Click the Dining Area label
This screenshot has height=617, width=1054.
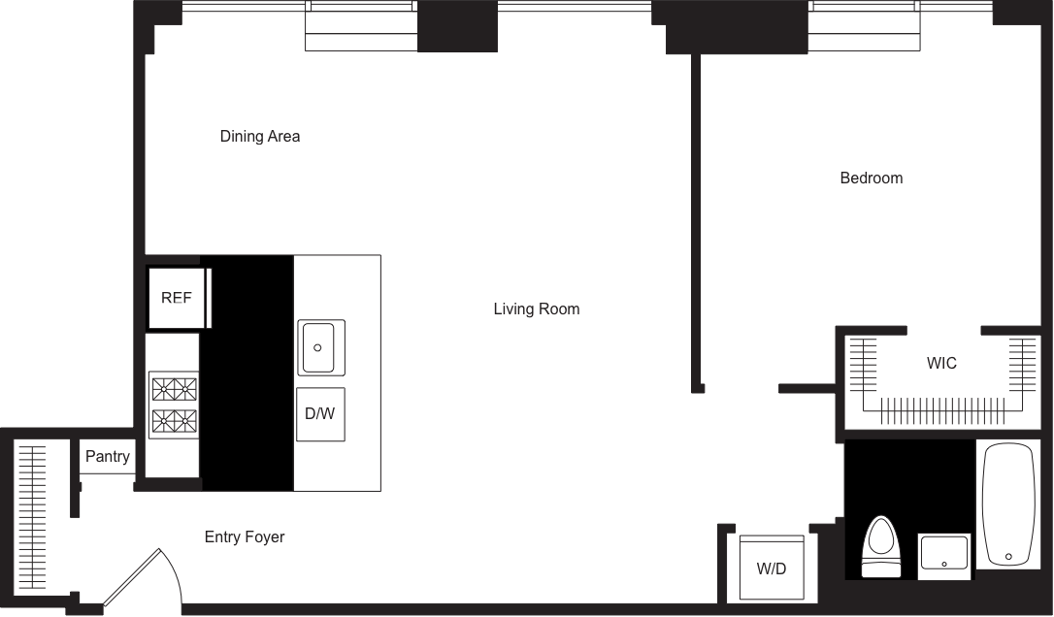point(259,137)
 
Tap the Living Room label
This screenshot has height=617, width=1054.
point(536,309)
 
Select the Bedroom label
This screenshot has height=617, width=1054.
point(871,179)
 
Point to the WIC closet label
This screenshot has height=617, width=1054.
point(941,364)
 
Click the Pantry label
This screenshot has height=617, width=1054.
point(108,457)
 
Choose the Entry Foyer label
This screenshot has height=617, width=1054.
point(245,537)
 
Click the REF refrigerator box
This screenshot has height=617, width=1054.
point(176,298)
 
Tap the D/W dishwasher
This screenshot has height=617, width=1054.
point(319,413)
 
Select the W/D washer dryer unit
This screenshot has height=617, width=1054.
point(772,568)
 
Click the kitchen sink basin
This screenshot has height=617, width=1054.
point(318,346)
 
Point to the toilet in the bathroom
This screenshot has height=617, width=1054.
point(881,548)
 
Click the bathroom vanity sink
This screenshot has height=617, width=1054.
point(943,557)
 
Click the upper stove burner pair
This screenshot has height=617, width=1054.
point(174,389)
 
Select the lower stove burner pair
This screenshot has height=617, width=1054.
point(174,421)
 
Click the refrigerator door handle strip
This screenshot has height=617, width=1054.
point(209,298)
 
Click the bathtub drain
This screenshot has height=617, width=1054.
point(1009,557)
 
